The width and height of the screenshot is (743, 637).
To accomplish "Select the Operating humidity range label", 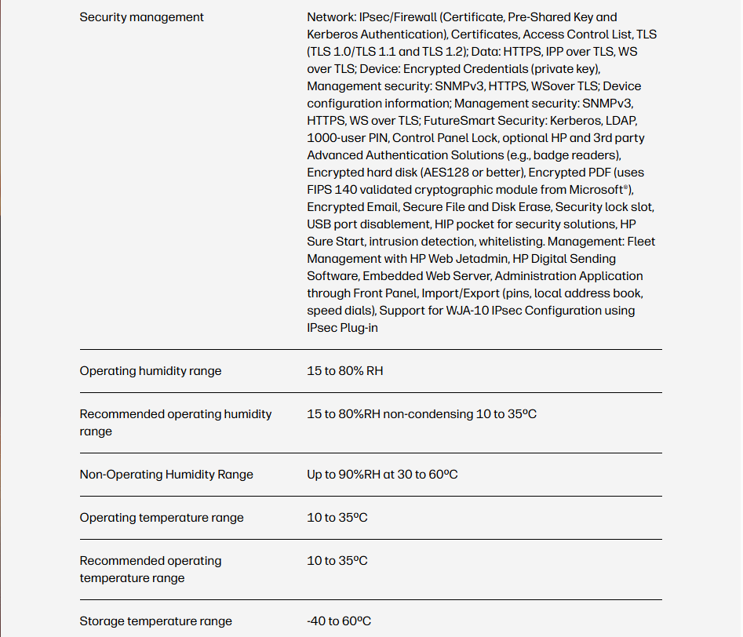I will coord(151,371).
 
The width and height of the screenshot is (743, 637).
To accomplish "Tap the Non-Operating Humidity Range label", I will coord(166,475).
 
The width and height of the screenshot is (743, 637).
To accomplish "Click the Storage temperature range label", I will coord(156,621).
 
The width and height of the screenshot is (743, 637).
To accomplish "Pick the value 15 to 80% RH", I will coord(345,371).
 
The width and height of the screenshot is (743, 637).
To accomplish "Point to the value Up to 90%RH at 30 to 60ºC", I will coord(382,475).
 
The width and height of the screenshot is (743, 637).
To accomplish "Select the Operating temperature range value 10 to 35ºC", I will coord(337,518).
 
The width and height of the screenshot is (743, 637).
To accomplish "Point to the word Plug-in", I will coord(360,328).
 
